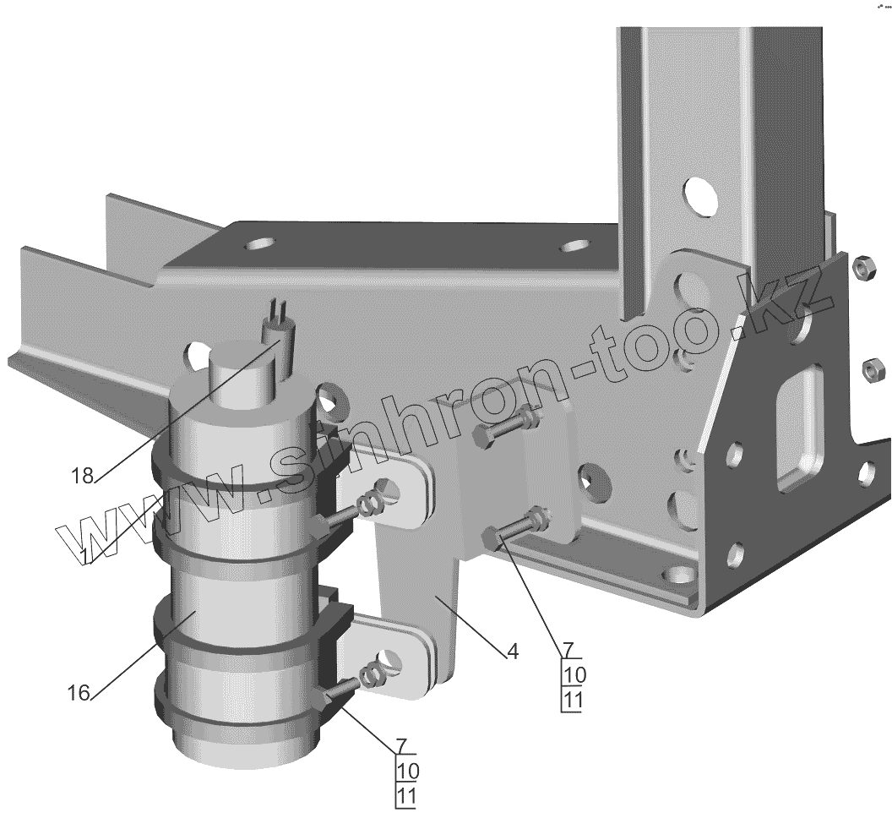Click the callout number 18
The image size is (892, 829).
(82, 476)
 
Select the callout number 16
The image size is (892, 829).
(78, 693)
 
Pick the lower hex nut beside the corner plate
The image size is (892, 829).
(873, 368)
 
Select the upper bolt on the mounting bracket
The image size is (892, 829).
(507, 428)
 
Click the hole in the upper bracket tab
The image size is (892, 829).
(389, 489)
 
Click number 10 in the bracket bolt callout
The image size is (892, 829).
(572, 674)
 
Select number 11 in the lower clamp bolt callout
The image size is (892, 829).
(406, 795)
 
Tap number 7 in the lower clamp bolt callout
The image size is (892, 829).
(402, 745)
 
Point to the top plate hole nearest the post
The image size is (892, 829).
(575, 248)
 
